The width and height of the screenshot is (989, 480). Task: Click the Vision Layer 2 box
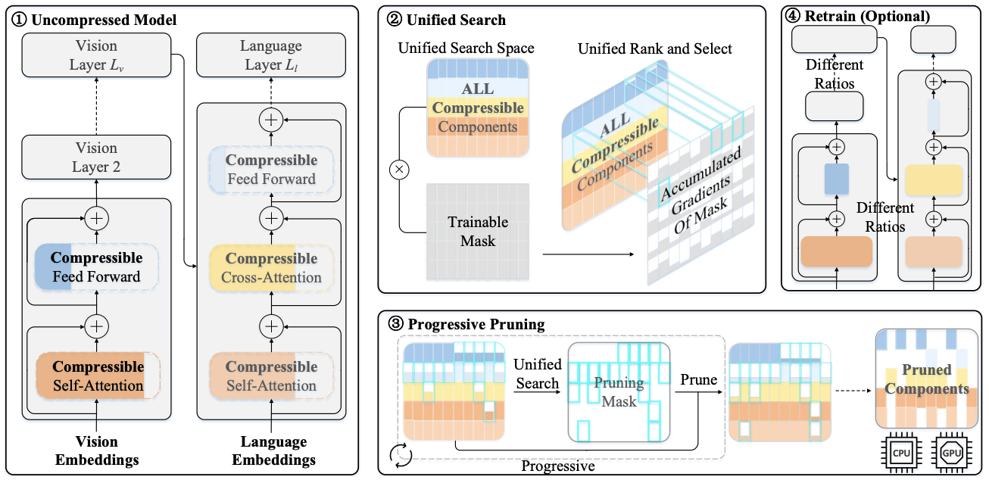96,157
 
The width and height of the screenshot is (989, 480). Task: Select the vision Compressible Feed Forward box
96,267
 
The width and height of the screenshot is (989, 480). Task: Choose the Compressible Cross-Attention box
271,268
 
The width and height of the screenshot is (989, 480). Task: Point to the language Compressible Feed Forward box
271,170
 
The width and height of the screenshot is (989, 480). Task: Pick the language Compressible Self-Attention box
271,376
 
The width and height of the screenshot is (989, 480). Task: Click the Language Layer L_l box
271,55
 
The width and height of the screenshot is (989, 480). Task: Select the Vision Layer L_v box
96,55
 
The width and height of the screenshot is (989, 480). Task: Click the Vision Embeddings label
96,450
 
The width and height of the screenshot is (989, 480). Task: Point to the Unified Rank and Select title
654,48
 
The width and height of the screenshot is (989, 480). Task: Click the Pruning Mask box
619,391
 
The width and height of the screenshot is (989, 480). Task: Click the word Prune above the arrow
698,379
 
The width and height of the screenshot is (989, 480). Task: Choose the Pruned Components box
926,379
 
